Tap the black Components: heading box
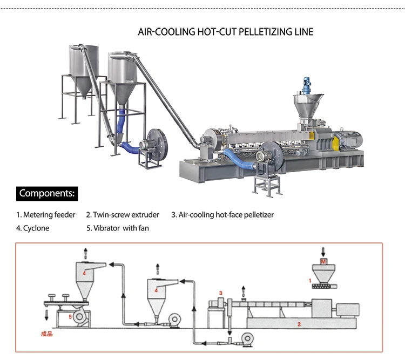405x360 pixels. pyautogui.click(x=48, y=193)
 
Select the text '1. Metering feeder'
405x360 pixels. pyautogui.click(x=46, y=215)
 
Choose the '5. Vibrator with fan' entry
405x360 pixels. pyautogui.click(x=118, y=228)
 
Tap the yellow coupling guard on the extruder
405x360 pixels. pyautogui.click(x=335, y=142)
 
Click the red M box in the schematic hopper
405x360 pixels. pyautogui.click(x=323, y=261)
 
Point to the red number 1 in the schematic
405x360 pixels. pyautogui.click(x=309, y=281)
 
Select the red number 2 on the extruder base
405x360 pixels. pyautogui.click(x=299, y=324)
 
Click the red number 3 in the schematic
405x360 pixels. pyautogui.click(x=220, y=293)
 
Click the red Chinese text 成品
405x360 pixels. pyautogui.click(x=47, y=334)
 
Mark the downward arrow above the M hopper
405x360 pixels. pyautogui.click(x=323, y=249)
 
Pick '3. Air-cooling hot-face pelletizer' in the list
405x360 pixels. pyautogui.click(x=222, y=215)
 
